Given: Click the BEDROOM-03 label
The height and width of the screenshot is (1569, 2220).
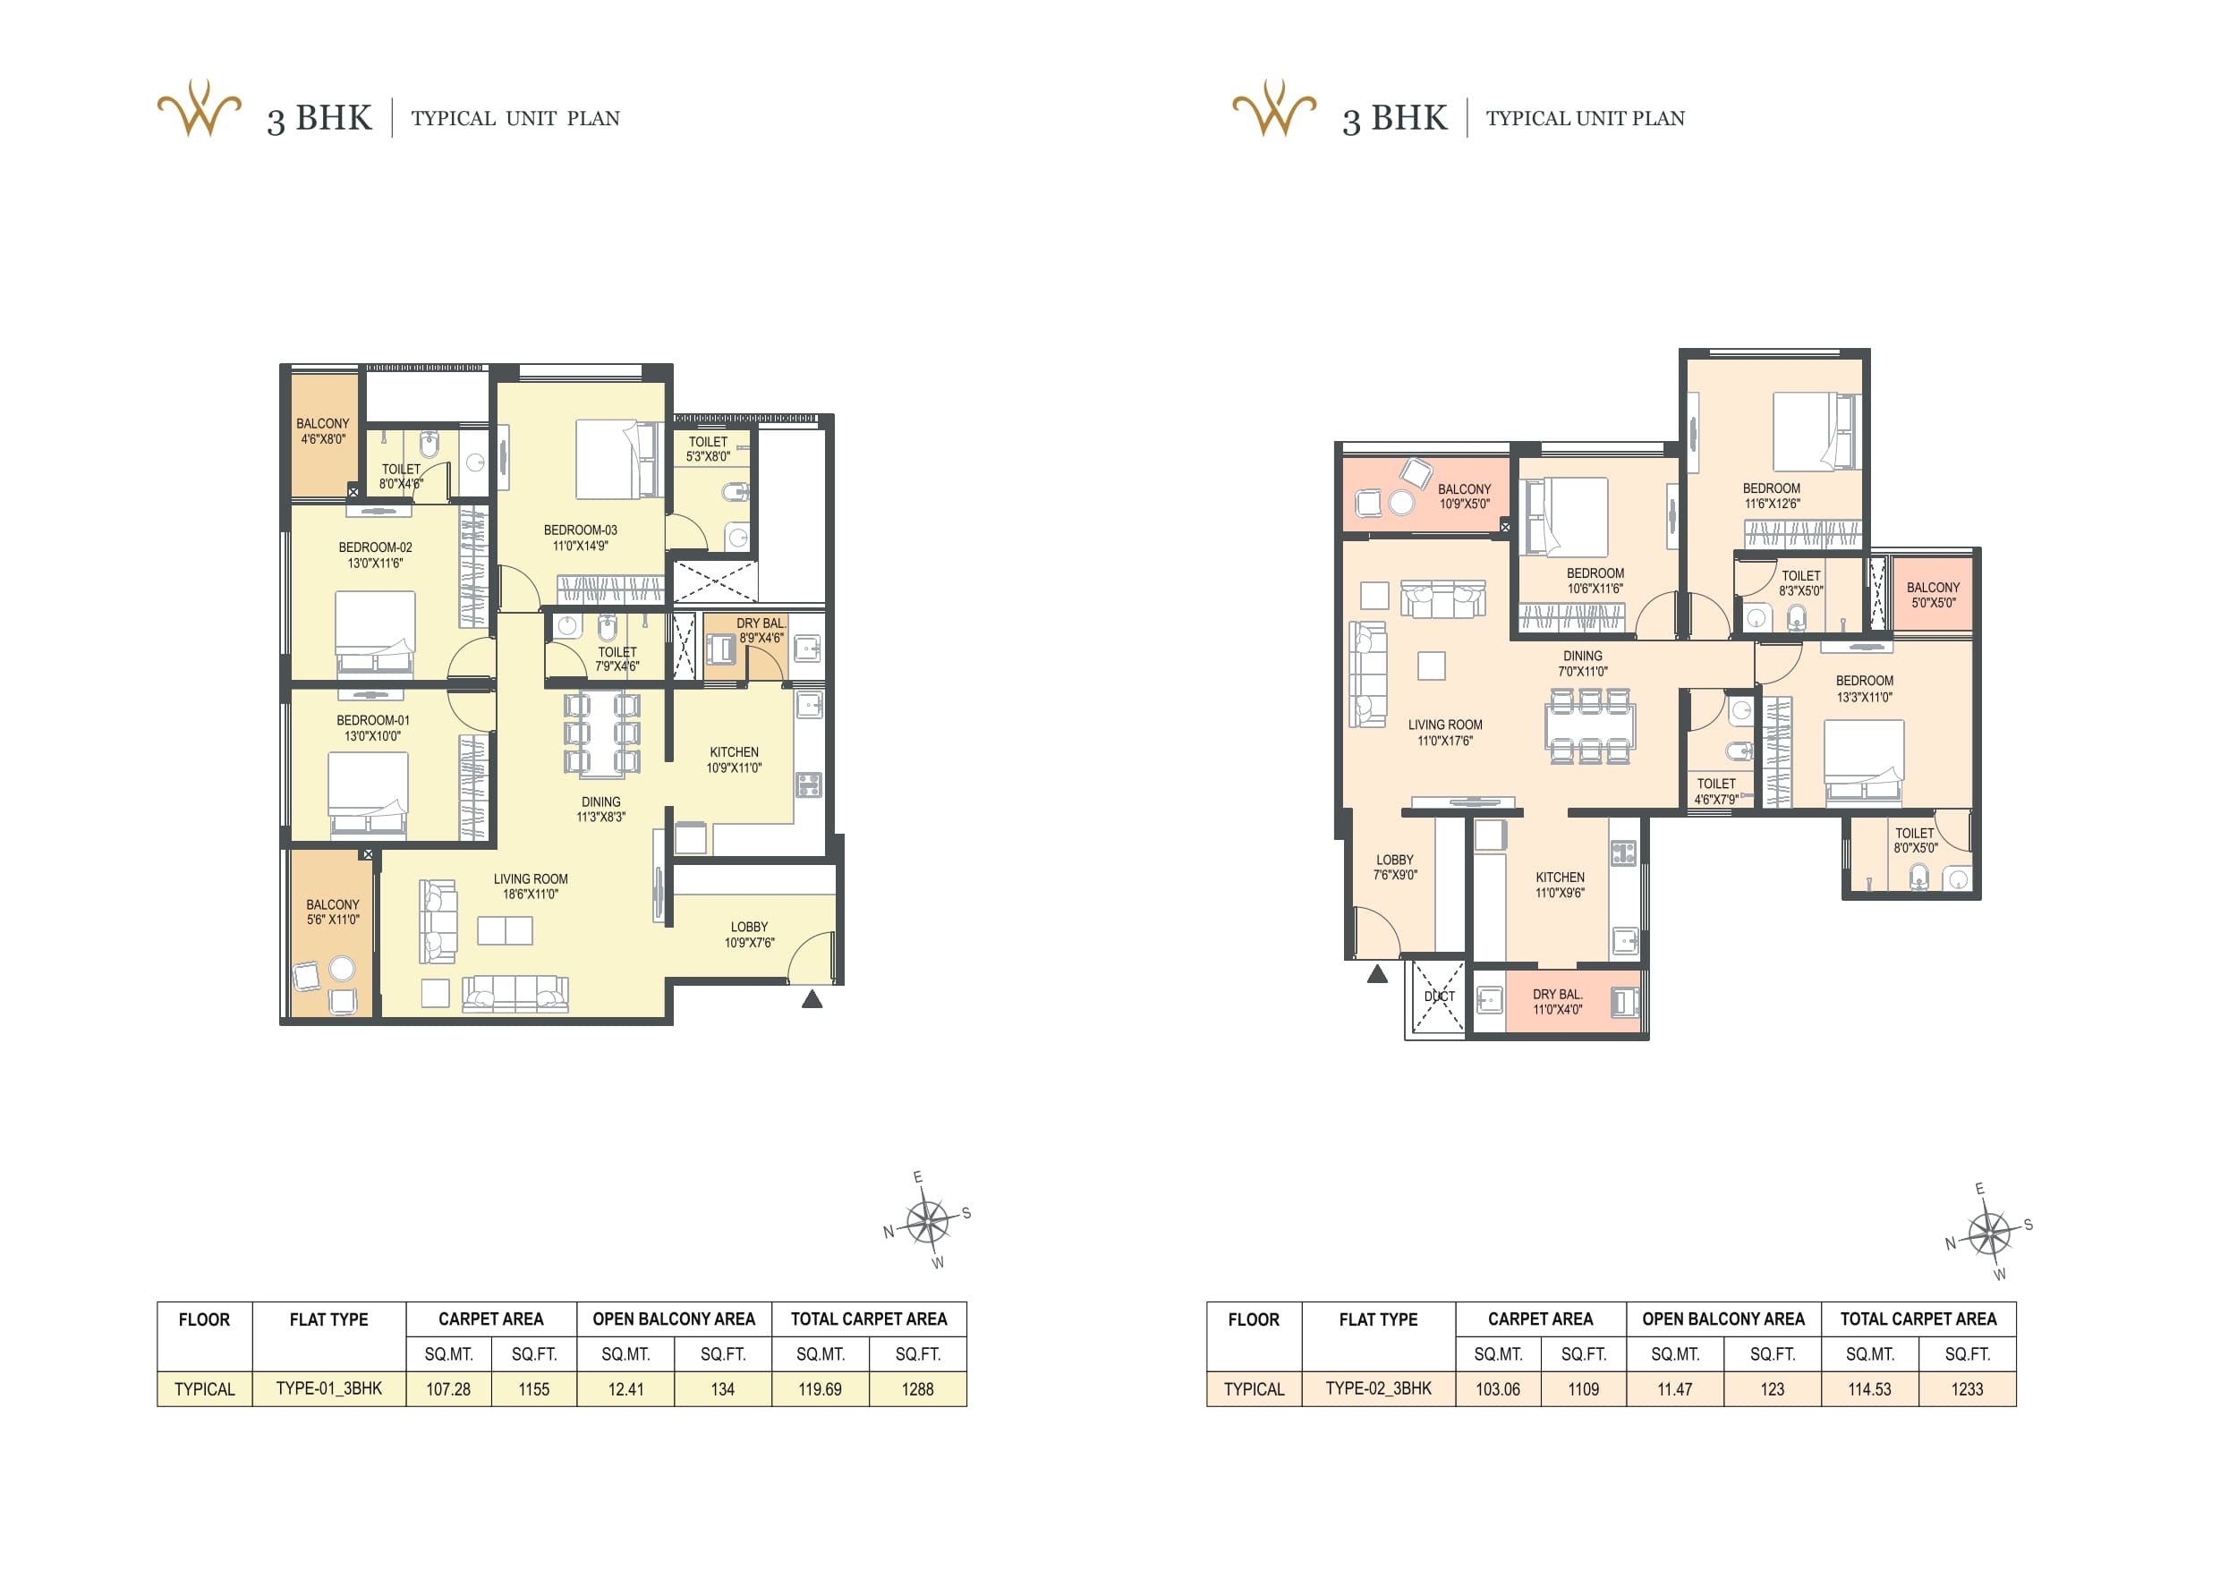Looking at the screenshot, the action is tap(580, 538).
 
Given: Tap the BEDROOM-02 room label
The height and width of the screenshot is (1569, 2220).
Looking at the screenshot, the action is tap(375, 555).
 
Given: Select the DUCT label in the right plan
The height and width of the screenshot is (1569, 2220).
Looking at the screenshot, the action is tap(1439, 996).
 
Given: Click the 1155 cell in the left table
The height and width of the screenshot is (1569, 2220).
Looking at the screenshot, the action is tap(533, 1389).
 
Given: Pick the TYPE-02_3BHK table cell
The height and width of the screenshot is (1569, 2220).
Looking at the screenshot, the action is tap(1378, 1388).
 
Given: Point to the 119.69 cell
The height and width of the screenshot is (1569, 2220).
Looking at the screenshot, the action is tap(820, 1389).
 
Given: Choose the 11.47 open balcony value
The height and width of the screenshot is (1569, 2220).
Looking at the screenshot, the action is tap(1675, 1389).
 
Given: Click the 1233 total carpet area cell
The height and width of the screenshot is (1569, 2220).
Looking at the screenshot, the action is tap(1967, 1389).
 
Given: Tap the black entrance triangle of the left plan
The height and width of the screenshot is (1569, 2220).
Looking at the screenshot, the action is tap(812, 999).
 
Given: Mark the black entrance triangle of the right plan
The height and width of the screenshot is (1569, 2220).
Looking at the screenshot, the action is tap(1378, 973).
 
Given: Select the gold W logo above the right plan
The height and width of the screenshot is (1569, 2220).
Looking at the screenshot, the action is tap(1274, 108).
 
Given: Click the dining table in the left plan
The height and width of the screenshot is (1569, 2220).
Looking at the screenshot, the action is tap(601, 733).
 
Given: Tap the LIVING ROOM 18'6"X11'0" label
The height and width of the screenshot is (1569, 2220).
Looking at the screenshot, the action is tap(531, 886).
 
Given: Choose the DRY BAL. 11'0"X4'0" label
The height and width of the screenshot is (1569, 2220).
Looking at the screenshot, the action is tap(1558, 1002).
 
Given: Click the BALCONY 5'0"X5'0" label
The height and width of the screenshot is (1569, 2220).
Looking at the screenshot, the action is tap(1933, 595).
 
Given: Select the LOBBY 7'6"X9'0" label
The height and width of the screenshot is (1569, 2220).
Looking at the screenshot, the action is tap(1394, 867).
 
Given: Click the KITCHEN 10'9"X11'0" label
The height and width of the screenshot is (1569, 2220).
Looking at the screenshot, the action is tap(734, 759).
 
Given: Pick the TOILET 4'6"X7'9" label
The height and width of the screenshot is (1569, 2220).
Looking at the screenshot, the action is tap(1716, 792).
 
